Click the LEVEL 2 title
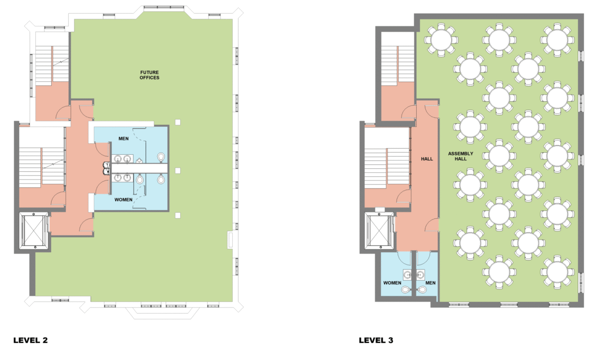pyautogui.click(x=30, y=340)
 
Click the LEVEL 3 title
pyautogui.click(x=376, y=340)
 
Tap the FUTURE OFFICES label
pyautogui.click(x=149, y=75)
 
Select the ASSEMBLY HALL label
pyautogui.click(x=460, y=156)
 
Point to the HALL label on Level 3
pyautogui.click(x=427, y=159)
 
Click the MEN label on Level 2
pyautogui.click(x=123, y=139)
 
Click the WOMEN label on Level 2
pyautogui.click(x=123, y=200)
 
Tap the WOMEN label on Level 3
pyautogui.click(x=392, y=283)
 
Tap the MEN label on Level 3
pyautogui.click(x=430, y=283)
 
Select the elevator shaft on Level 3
pyautogui.click(x=379, y=231)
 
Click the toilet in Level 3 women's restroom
pyautogui.click(x=406, y=290)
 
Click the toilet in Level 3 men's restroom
pyautogui.click(x=421, y=290)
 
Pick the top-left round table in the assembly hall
pyautogui.click(x=441, y=40)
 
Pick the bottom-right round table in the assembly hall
pyautogui.click(x=557, y=272)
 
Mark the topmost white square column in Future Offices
pyautogui.click(x=178, y=122)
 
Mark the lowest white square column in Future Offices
pyautogui.click(x=178, y=215)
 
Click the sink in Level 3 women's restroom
pyautogui.click(x=407, y=275)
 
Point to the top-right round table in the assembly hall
pyautogui.click(x=557, y=40)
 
